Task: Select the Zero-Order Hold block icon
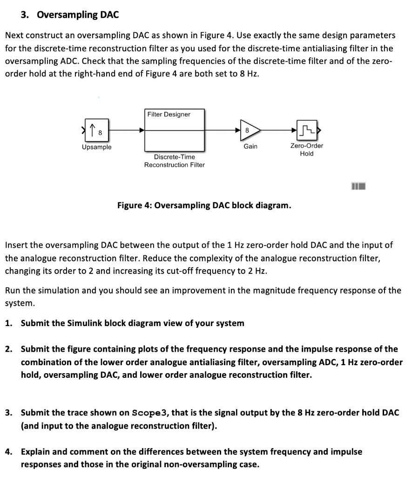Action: (x=307, y=131)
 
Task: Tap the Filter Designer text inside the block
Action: (x=169, y=114)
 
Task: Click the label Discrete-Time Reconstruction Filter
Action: (x=174, y=161)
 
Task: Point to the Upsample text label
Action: (x=97, y=147)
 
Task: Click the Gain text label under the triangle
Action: (x=250, y=146)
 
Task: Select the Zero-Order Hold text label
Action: (x=307, y=150)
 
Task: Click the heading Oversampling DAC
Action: (x=78, y=15)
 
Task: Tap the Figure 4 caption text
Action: (x=204, y=205)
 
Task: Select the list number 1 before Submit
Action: (x=8, y=323)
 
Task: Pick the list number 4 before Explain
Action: (x=8, y=451)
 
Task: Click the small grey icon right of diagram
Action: (x=359, y=187)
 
